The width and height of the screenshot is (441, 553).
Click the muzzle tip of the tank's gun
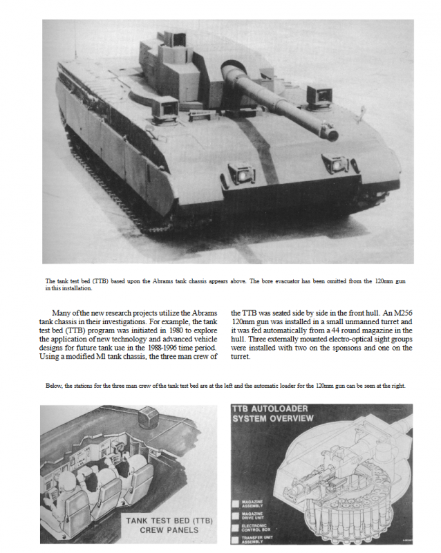click(x=332, y=134)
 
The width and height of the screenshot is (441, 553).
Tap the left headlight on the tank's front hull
click(x=241, y=173)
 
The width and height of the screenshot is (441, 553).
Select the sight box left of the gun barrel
click(x=165, y=107)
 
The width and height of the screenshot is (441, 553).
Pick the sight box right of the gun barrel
click(x=319, y=95)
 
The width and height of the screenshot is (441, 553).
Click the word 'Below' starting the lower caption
click(x=56, y=386)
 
